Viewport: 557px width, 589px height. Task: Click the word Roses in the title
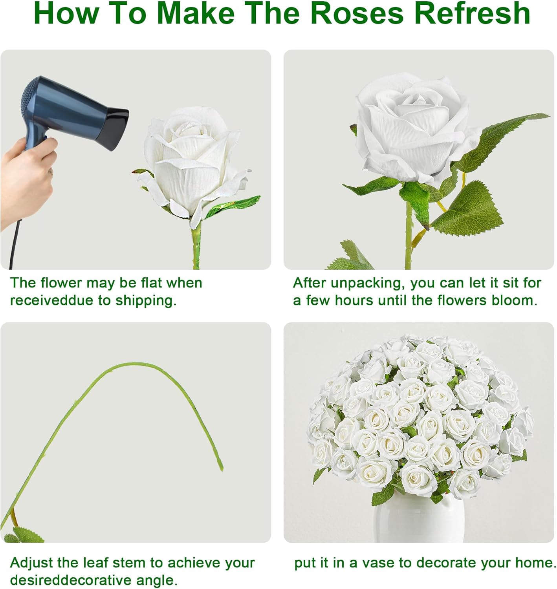(x=357, y=13)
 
